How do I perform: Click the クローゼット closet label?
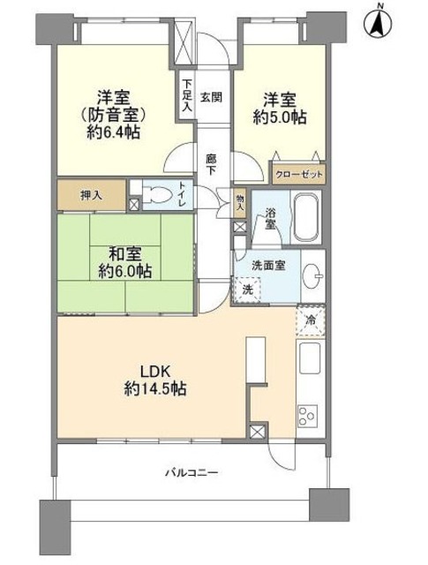[x=297, y=175]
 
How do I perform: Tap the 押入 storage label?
[x=90, y=196]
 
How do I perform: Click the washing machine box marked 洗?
[x=247, y=290]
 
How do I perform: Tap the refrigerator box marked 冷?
[x=312, y=321]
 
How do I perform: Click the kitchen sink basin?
[x=311, y=361]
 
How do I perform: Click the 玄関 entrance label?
[x=210, y=97]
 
